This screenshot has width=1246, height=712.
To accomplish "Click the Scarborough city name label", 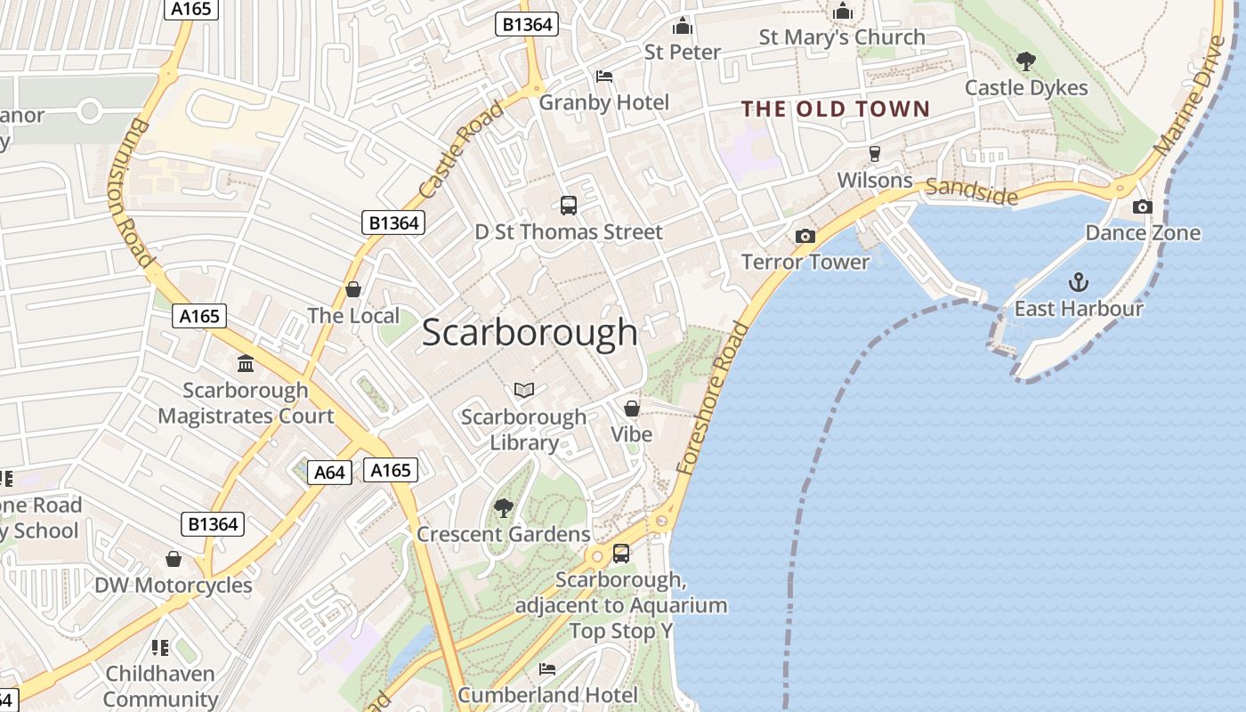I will click(x=530, y=333).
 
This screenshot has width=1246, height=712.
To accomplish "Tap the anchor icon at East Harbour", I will click(x=1078, y=283).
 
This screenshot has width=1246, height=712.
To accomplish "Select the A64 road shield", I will click(x=329, y=472).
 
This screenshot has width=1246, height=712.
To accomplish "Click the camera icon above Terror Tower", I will click(x=805, y=236).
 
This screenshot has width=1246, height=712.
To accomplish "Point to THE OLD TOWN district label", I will click(x=836, y=109).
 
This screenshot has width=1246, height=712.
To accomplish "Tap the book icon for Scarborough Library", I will click(x=524, y=391).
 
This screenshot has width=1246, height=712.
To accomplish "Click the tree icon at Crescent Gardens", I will click(x=503, y=508).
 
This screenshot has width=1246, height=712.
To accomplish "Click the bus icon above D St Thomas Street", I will click(x=569, y=206).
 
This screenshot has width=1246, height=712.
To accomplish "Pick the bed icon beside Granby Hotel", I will click(x=604, y=77).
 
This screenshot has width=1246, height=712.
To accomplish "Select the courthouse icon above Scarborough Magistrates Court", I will click(x=246, y=363).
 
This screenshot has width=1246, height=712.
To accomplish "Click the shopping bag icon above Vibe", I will click(x=631, y=409).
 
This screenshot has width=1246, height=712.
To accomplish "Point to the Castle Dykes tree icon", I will click(x=1025, y=61).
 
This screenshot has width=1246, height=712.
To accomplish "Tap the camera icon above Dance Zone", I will click(x=1142, y=207).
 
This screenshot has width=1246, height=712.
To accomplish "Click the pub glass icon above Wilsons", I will click(x=874, y=153).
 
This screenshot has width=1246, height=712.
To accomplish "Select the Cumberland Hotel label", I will click(x=547, y=694).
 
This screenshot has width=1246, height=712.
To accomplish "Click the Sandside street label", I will click(x=971, y=189).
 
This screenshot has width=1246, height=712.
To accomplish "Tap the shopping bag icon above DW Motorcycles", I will click(x=174, y=559).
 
